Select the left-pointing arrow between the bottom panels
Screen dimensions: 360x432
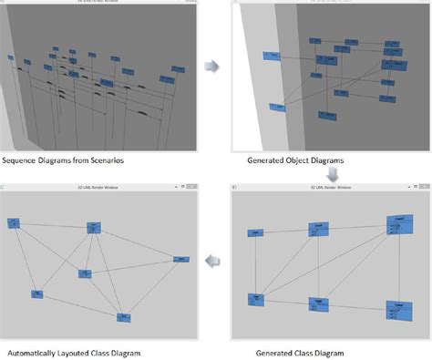(212, 262)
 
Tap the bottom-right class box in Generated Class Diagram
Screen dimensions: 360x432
(396, 310)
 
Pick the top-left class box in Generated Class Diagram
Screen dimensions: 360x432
(257, 233)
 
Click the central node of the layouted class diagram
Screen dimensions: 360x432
(85, 273)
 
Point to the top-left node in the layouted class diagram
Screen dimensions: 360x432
(14, 222)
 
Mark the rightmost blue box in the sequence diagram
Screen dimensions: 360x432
(167, 79)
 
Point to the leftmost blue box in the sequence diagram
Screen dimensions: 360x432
(11, 57)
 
